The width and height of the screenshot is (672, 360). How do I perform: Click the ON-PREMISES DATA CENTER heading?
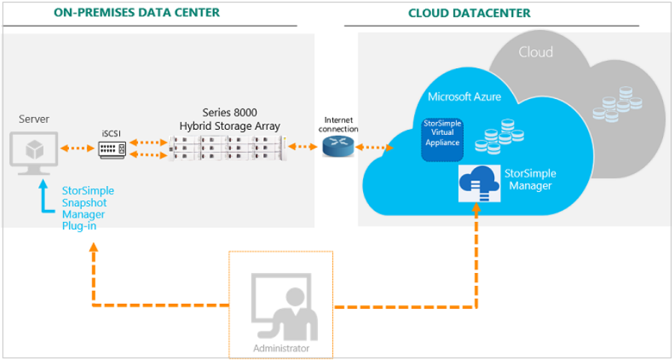coord(136,13)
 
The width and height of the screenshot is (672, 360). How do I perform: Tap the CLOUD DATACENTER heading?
coord(469,13)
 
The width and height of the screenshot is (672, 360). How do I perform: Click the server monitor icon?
coord(34,153)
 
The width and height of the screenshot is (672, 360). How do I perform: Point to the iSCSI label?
coord(112,133)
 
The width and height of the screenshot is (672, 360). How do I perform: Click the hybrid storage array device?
coord(227,148)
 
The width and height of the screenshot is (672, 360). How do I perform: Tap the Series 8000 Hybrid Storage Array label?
coord(229,119)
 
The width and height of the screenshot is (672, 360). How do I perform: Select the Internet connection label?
coord(341,124)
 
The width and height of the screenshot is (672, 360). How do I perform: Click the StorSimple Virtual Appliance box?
coord(442,139)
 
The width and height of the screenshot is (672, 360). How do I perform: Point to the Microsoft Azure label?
coord(464,97)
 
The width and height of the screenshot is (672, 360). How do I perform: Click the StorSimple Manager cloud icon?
coord(478,183)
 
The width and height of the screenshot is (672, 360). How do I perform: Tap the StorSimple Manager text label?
coord(530,180)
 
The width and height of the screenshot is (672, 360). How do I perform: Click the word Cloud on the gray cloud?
coord(535,52)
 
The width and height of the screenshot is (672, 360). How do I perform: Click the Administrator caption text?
coord(281,347)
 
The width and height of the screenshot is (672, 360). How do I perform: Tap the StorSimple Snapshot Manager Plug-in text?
coord(88,208)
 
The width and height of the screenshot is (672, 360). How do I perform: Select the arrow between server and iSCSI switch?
coord(77,148)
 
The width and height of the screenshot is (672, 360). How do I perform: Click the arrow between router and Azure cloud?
coord(374,148)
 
